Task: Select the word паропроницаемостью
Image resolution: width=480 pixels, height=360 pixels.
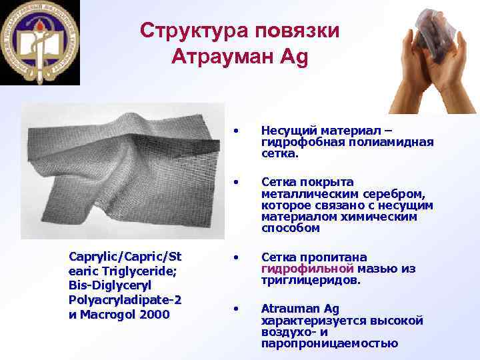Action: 330,343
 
